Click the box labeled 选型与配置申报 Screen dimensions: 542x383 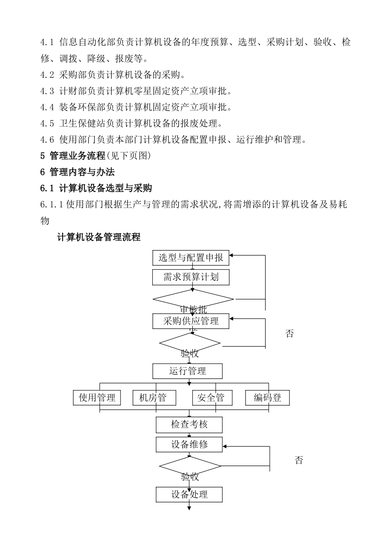click(x=191, y=258)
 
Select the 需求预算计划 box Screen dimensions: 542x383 click(x=191, y=277)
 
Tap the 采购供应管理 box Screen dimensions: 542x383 click(x=191, y=321)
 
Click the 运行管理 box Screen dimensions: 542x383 click(x=187, y=371)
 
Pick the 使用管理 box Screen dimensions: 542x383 click(x=97, y=398)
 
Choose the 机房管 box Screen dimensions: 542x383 click(x=155, y=398)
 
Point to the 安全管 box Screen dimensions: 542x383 click(x=214, y=398)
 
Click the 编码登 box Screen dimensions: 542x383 click(x=267, y=398)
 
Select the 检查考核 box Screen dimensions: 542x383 click(x=189, y=425)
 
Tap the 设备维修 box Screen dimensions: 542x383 click(x=189, y=445)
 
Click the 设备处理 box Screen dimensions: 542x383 click(x=189, y=494)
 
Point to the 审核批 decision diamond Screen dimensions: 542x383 click(x=193, y=300)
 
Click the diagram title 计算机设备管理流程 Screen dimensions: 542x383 click(x=99, y=238)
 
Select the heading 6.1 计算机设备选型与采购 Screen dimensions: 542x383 click(x=96, y=188)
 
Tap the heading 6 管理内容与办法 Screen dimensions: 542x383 click(x=77, y=172)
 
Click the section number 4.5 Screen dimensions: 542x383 click(x=47, y=123)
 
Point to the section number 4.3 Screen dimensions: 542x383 click(x=47, y=91)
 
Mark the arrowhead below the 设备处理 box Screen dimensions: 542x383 click(x=189, y=508)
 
